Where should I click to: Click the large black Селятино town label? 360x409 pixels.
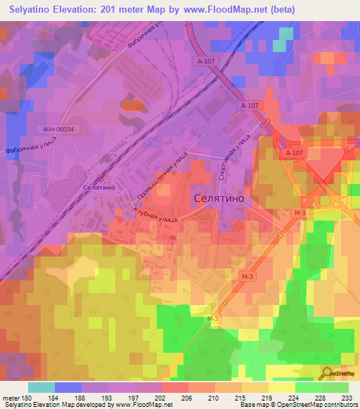pyautogui.click(x=219, y=199)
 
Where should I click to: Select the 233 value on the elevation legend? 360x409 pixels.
pyautogui.click(x=347, y=397)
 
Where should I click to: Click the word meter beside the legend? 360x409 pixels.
pyautogui.click(x=11, y=397)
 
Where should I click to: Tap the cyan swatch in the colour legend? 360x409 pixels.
pyautogui.click(x=41, y=387)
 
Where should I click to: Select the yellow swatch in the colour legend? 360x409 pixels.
pyautogui.click(x=282, y=387)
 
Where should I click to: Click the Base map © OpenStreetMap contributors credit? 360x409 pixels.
pyautogui.click(x=297, y=405)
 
